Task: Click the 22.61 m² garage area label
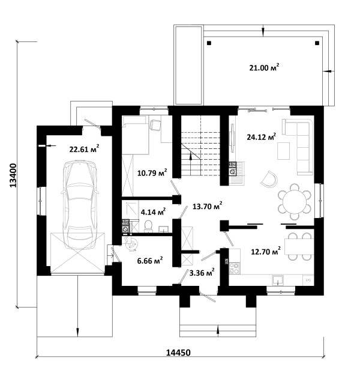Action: [85, 149]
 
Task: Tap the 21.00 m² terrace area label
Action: [264, 67]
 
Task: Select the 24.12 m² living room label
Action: [262, 137]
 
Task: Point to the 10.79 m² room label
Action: [152, 172]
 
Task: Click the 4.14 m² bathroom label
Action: [153, 212]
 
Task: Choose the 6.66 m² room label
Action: [150, 261]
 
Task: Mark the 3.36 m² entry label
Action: [202, 273]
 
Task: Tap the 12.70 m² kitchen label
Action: [266, 252]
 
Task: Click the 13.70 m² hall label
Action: [208, 206]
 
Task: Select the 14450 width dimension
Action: [178, 353]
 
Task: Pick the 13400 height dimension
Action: [13, 175]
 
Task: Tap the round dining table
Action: [295, 201]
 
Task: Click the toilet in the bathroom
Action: [149, 226]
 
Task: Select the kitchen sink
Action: [278, 280]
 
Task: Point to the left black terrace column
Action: [209, 43]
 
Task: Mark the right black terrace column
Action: [317, 43]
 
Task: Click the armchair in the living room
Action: [269, 179]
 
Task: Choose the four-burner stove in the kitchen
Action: [234, 268]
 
